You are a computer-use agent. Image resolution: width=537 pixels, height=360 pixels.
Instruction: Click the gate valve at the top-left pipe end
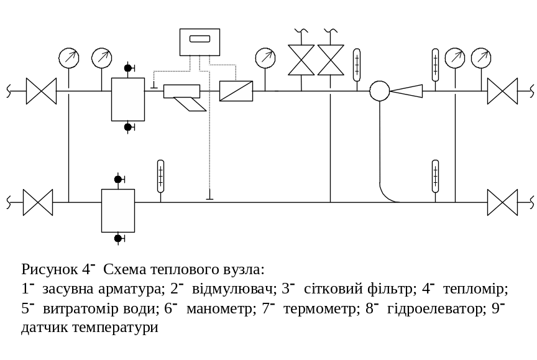point(41,91)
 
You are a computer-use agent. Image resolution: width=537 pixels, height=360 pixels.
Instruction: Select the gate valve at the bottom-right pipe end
point(502,202)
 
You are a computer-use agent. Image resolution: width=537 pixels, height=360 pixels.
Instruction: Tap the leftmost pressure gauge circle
point(69,58)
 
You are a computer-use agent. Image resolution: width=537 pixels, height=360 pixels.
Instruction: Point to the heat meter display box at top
point(200,42)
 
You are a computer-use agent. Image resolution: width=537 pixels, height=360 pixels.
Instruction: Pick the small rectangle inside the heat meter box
point(200,39)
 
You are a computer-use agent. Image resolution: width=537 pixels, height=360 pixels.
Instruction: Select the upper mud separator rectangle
point(128,99)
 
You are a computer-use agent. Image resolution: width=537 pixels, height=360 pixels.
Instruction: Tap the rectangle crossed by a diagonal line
point(236,91)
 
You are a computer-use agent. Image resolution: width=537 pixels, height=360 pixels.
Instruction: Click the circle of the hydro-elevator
point(379,91)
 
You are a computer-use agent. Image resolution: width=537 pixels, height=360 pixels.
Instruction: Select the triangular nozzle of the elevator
point(407,91)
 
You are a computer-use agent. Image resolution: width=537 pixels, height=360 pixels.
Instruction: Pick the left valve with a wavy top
point(302,60)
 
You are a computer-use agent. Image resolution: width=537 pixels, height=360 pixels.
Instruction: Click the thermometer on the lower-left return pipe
point(160,176)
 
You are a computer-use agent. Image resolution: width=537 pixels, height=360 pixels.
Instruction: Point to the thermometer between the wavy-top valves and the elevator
point(357,65)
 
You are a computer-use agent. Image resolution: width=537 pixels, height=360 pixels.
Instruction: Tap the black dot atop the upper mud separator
point(128,68)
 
